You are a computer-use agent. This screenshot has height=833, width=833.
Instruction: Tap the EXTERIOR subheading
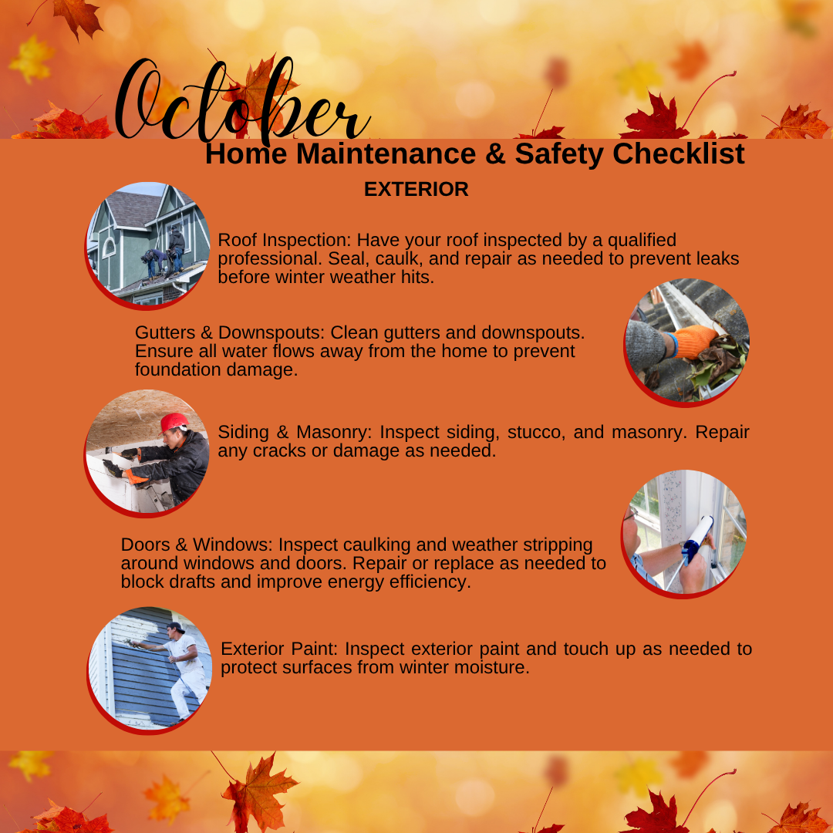pos(416,189)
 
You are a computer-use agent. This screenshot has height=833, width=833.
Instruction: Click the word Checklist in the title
pos(679,153)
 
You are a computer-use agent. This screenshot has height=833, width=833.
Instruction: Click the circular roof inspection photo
pos(148,245)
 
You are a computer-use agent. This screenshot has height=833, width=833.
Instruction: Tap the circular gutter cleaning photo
pos(686,342)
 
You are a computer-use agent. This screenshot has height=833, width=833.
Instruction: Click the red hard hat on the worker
pos(174,423)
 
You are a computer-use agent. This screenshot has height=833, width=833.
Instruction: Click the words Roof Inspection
pos(284,240)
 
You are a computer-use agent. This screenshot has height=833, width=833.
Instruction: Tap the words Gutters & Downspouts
pos(230,332)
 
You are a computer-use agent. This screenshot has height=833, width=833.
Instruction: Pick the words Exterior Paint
pos(279,649)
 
